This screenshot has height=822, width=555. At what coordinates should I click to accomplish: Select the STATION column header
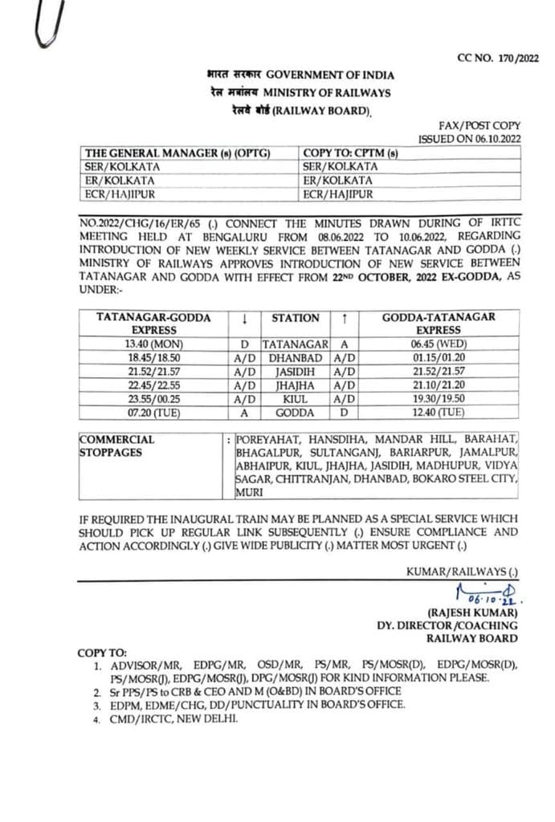(x=295, y=318)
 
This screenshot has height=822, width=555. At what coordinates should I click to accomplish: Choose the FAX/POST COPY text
(x=480, y=125)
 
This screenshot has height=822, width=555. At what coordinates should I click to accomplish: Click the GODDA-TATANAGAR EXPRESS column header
(x=439, y=324)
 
